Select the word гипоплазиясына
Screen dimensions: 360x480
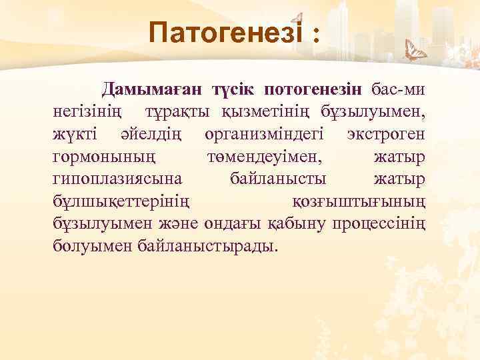[x=116, y=179]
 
